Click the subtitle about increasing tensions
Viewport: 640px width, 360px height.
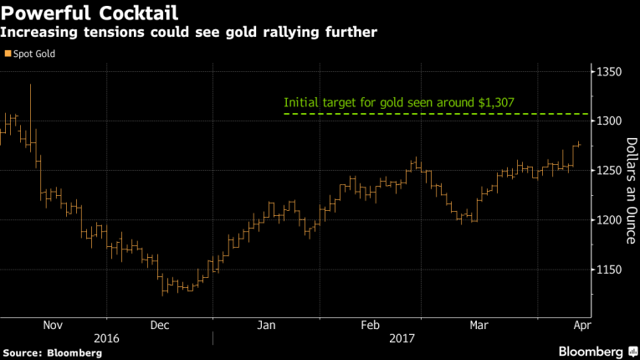tap(188, 32)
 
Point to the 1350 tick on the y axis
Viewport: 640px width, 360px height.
tap(610, 73)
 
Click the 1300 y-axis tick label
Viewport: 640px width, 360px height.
tap(610, 121)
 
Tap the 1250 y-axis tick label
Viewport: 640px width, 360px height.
tap(610, 171)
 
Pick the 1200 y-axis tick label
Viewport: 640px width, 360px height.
tap(610, 220)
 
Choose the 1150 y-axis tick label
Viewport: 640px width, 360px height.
tap(610, 270)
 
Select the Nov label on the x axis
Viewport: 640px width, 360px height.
tap(52, 326)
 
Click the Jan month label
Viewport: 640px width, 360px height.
tap(267, 326)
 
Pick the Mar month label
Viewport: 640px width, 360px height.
tap(479, 326)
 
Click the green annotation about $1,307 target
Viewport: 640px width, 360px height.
tap(398, 104)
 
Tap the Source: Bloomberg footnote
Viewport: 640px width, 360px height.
tap(53, 353)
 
